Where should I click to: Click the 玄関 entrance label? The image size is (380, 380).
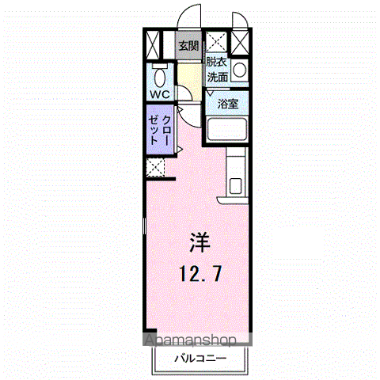188,46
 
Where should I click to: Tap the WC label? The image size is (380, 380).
160,94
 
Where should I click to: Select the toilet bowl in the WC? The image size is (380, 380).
160,77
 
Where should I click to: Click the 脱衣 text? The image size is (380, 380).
216,62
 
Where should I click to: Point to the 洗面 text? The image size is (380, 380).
218,78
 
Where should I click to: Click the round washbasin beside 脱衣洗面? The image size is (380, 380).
240,70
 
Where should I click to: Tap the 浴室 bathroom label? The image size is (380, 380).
228,104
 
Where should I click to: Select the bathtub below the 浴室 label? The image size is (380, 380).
227,129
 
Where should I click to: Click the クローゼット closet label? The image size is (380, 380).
160,130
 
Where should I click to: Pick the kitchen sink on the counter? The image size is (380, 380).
236,186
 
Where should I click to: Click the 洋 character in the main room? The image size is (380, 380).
199,242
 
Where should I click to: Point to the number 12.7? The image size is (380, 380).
200,274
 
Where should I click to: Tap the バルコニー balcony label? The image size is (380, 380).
200,359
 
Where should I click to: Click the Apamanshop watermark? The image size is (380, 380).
190,340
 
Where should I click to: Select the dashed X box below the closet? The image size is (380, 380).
155,167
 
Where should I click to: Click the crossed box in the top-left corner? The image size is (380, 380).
153,45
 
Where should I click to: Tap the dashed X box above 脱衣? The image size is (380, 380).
216,41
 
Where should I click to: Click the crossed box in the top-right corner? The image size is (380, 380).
240,43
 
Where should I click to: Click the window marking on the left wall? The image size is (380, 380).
144,226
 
